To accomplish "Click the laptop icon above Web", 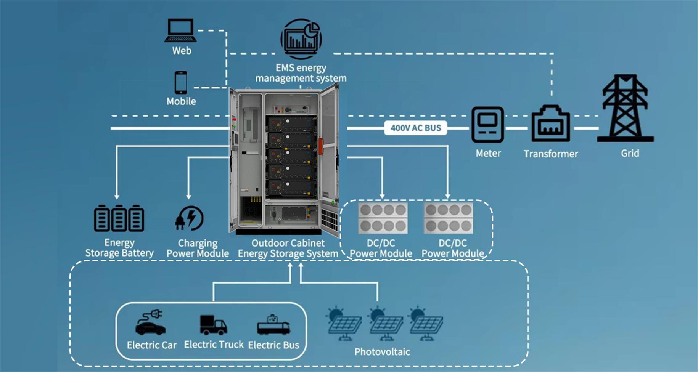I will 181,30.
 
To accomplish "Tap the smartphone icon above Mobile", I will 181,82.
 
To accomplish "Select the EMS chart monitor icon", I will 301,38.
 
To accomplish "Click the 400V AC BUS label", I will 415,128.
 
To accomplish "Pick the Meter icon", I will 487,125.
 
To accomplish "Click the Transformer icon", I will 550,123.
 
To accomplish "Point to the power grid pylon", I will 625,109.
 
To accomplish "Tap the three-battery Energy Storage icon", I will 119,218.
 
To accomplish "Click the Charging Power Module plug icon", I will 190,218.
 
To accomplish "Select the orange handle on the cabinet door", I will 320,147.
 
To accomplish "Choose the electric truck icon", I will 213,325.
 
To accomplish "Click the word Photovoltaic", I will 382,351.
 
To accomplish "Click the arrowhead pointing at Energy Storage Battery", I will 117,196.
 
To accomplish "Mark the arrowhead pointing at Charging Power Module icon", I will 188,196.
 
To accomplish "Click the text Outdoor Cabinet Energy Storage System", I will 288,248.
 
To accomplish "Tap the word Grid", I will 630,153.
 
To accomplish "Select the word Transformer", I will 550,154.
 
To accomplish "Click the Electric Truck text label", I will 214,345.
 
